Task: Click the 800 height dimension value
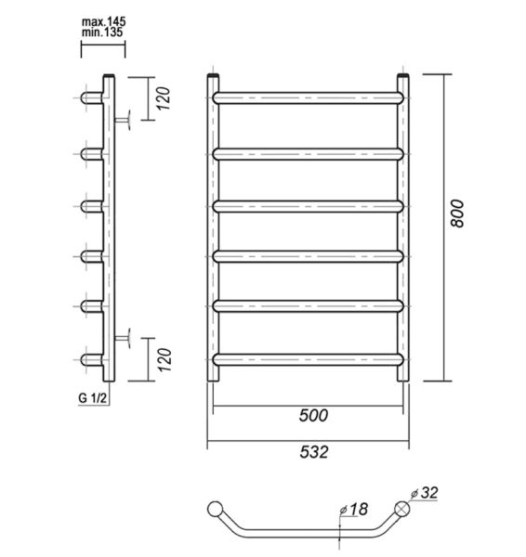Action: pos(457,214)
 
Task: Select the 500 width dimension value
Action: pos(313,415)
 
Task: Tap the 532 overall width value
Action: pos(314,452)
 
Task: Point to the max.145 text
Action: pos(103,21)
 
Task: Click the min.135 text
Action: pos(102,32)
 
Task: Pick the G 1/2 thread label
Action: pos(92,398)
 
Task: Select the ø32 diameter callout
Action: pos(425,493)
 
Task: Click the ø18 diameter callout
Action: pos(353,510)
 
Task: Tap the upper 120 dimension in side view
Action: pos(164,98)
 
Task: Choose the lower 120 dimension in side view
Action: pos(164,360)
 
